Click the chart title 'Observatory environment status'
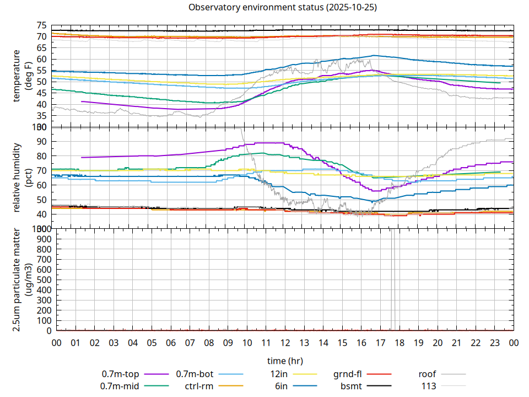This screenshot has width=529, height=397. point(283,7)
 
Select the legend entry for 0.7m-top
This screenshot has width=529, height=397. point(120,374)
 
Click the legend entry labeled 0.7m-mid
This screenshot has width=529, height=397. point(120,386)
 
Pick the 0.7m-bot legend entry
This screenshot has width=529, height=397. point(195,374)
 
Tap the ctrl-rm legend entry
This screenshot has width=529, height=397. point(199,386)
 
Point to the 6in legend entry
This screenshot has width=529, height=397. point(281,386)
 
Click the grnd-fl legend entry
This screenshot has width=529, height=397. point(347,374)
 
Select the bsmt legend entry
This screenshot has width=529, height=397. point(351,386)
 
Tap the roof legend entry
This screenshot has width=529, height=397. point(427,374)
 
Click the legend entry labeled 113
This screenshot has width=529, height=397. point(429,386)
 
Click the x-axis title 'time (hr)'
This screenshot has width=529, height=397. point(285,361)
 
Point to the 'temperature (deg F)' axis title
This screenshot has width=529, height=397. point(22,76)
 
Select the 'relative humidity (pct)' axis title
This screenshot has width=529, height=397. point(22,177)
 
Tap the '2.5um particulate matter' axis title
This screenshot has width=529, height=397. point(22,280)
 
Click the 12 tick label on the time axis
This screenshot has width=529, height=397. point(285,343)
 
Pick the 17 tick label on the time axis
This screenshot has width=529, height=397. point(380,343)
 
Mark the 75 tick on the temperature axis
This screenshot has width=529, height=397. point(41,25)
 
